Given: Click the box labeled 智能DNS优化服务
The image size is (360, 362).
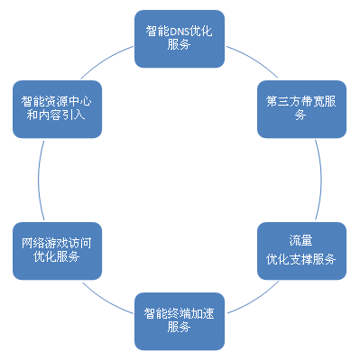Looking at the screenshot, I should pos(179,38).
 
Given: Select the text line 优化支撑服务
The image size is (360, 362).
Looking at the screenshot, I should pos(302,259).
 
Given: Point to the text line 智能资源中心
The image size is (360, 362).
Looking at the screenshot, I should pos(56,100).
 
